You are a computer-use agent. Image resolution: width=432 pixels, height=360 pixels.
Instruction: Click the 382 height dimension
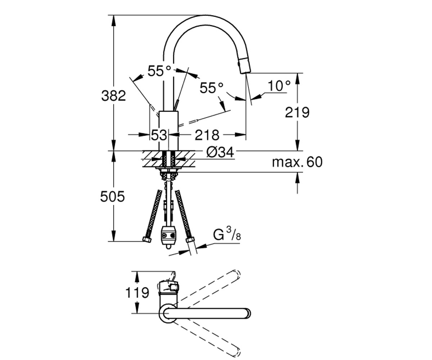[114, 96]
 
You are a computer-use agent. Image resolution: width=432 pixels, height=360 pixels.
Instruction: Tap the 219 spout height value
[297, 113]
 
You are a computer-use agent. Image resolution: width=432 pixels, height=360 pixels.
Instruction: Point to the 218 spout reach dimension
[207, 135]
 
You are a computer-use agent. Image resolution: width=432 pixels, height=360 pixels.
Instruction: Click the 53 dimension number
[159, 135]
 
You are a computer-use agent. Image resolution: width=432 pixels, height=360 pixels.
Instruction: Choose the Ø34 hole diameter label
[220, 153]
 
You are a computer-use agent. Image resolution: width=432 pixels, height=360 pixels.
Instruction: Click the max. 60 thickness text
[297, 162]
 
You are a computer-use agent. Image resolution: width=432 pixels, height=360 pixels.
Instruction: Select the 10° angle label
[279, 86]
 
